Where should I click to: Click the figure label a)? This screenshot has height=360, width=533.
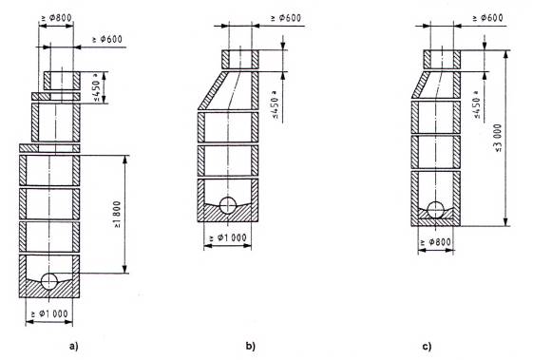(74, 347)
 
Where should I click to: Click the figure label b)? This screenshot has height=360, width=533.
(250, 347)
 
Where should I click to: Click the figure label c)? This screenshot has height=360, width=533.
(427, 347)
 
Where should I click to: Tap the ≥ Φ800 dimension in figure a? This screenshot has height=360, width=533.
(56, 18)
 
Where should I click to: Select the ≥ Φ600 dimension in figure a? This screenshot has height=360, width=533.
(106, 40)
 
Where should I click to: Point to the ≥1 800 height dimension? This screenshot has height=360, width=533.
(117, 214)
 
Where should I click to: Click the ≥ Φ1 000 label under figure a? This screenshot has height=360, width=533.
(49, 313)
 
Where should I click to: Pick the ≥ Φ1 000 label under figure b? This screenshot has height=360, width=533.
(228, 237)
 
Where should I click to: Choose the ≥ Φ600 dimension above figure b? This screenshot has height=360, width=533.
(286, 18)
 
